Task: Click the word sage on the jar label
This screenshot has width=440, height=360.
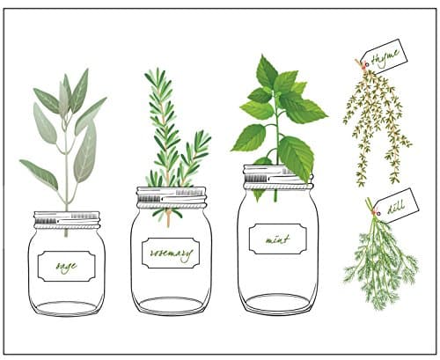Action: point(66,265)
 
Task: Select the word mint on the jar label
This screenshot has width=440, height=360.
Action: point(277,238)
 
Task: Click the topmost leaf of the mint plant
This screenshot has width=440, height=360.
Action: point(266,70)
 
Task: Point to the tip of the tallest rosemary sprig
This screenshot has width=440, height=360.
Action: point(150,72)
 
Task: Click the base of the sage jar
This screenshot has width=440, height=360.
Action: point(67,308)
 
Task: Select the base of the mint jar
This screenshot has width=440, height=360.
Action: point(277,304)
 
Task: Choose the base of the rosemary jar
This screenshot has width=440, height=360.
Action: point(172,305)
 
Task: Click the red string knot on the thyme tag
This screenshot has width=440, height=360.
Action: point(360,63)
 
